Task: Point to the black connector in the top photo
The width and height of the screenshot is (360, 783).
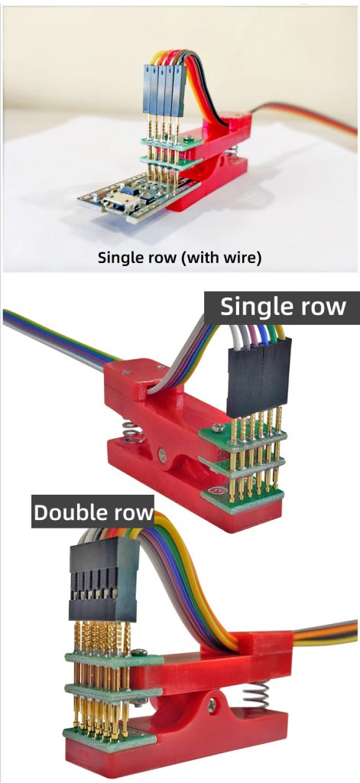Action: coord(164,88)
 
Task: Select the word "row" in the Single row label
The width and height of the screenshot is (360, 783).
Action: coord(321,307)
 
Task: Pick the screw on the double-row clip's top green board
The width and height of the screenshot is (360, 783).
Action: coord(141,652)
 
